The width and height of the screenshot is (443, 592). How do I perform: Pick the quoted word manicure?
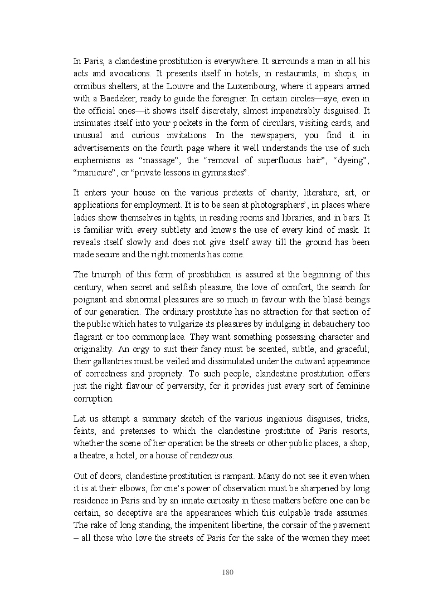click(x=93, y=173)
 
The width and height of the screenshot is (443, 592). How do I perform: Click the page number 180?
click(x=227, y=572)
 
